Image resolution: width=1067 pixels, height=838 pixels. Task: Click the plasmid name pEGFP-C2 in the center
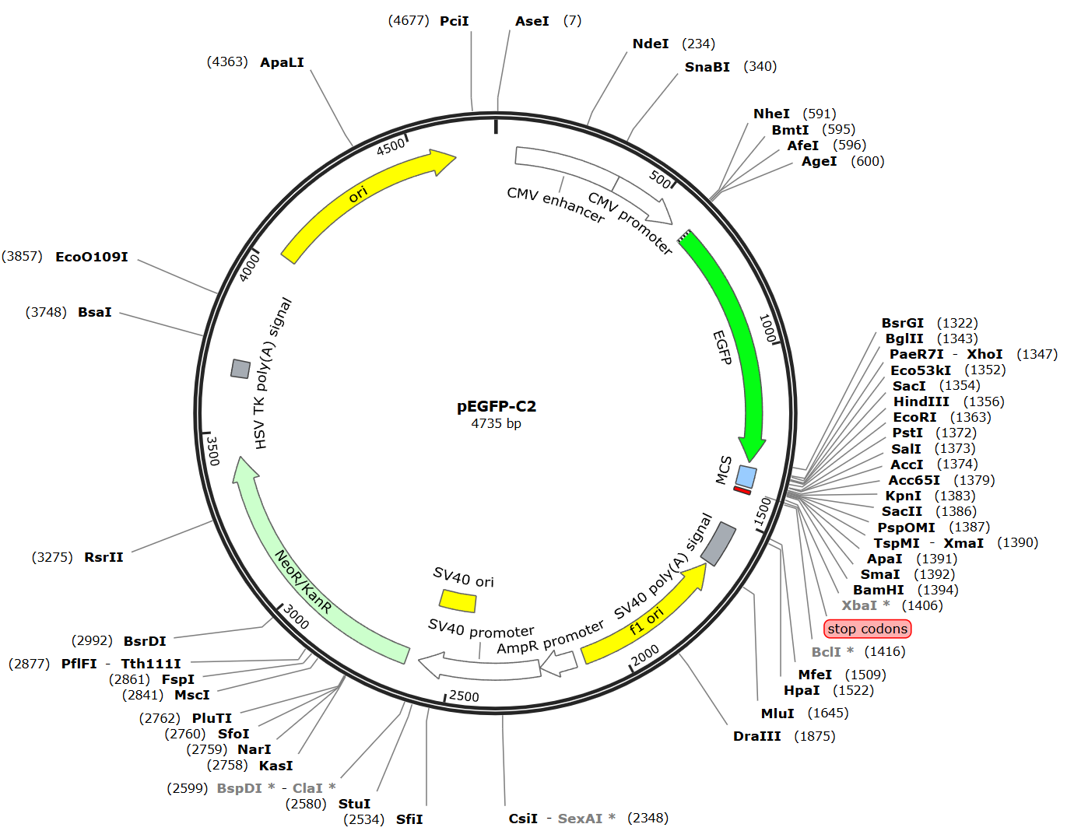pyautogui.click(x=496, y=406)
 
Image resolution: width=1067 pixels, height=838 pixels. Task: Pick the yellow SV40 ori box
pyautogui.click(x=458, y=601)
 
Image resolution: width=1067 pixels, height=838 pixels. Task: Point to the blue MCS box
pyautogui.click(x=746, y=476)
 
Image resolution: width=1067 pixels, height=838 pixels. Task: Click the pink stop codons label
pyautogui.click(x=867, y=629)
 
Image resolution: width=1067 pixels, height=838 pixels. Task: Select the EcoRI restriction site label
pyautogui.click(x=914, y=417)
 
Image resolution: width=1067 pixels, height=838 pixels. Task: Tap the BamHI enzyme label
pyautogui.click(x=878, y=590)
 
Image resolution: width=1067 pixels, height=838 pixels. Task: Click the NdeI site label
pyautogui.click(x=650, y=44)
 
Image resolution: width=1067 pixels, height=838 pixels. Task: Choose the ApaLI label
pyautogui.click(x=282, y=62)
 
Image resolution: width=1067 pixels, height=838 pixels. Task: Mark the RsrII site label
pyautogui.click(x=104, y=557)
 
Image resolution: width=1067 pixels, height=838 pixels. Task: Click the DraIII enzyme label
pyautogui.click(x=756, y=736)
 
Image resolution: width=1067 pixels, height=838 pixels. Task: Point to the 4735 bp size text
pyautogui.click(x=496, y=424)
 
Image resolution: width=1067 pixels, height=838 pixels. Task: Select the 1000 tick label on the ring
pyautogui.click(x=767, y=328)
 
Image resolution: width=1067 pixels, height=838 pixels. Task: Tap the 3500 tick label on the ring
pyautogui.click(x=212, y=451)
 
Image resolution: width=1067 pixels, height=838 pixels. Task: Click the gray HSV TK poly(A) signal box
pyautogui.click(x=240, y=369)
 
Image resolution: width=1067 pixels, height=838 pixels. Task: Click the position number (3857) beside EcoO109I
pyautogui.click(x=22, y=256)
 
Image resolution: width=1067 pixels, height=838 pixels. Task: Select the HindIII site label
pyautogui.click(x=921, y=401)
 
